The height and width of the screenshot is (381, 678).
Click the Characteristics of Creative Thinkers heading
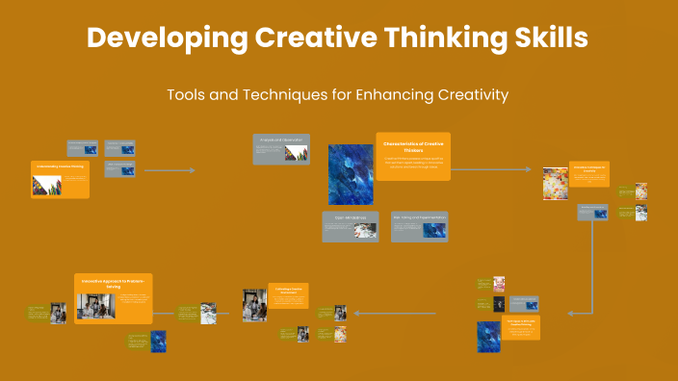412,146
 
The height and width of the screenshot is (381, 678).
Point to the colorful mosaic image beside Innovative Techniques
555,184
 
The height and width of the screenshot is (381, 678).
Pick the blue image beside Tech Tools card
488,337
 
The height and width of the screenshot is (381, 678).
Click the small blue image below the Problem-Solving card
158,342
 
